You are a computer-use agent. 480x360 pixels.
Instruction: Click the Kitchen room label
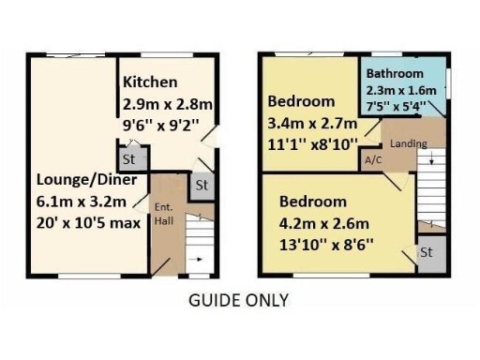[x=150, y=82]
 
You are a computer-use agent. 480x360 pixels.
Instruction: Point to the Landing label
[x=409, y=143]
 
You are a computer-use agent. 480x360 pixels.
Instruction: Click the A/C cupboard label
[x=371, y=159]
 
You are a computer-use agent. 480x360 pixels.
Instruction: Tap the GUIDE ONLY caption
[x=239, y=301]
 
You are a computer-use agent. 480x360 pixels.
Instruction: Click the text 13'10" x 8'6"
[x=326, y=244]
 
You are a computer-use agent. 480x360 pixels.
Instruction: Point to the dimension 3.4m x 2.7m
[x=313, y=122]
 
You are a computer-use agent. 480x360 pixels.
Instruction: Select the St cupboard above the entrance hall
[x=200, y=186]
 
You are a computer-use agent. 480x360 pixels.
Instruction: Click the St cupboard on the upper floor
[x=426, y=253]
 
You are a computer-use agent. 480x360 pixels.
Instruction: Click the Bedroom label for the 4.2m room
[x=313, y=202]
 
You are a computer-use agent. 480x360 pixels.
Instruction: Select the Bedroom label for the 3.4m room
[x=301, y=101]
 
